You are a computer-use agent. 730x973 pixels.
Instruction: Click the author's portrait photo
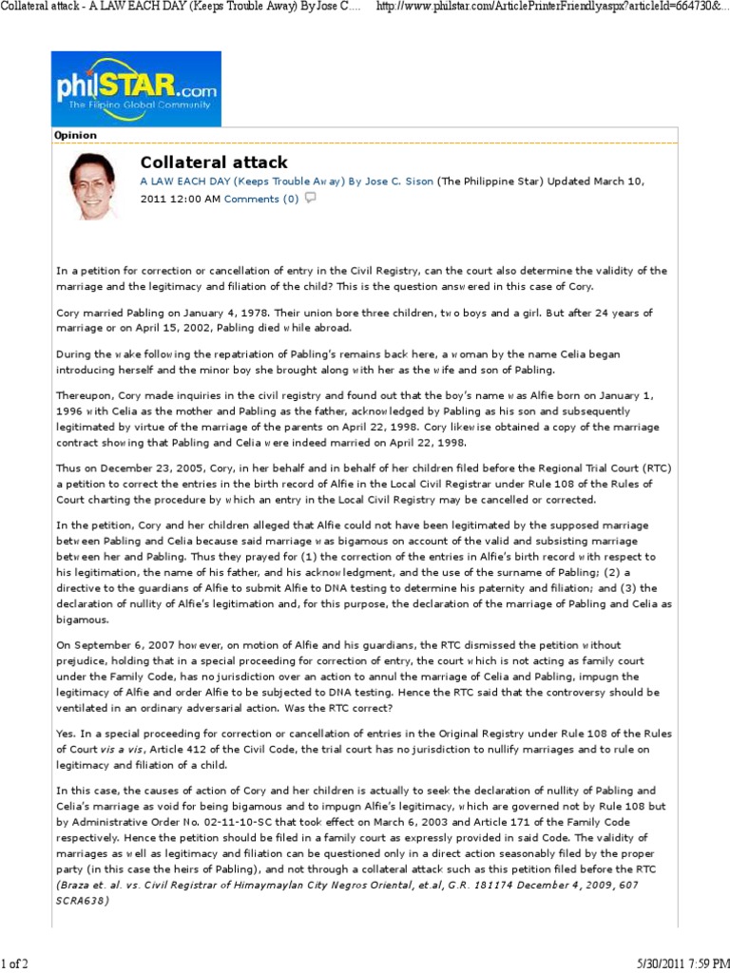tap(91, 185)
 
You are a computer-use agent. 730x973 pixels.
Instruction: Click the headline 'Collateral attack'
tap(214, 162)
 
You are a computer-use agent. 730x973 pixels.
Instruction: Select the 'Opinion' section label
tap(76, 136)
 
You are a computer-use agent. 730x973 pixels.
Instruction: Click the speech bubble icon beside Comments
tap(310, 199)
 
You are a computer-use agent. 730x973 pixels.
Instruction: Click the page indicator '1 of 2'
tap(15, 963)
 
